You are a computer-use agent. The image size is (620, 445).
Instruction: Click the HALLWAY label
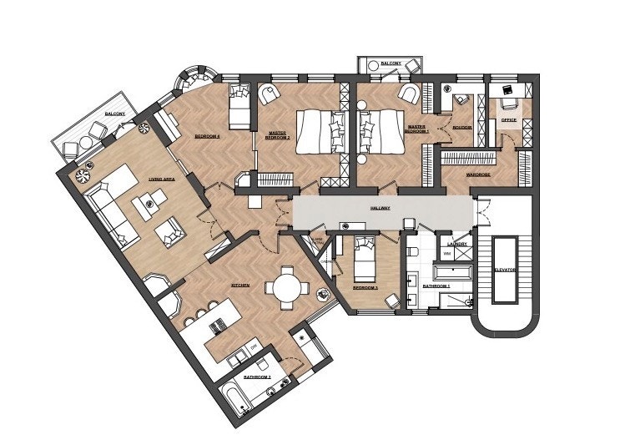pyautogui.click(x=382, y=209)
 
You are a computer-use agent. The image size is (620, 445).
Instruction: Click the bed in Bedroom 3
pyautogui.click(x=364, y=259)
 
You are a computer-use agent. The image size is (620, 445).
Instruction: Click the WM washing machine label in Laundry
pyautogui.click(x=447, y=253)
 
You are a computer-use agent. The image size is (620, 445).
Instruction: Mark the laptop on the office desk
pyautogui.click(x=507, y=88)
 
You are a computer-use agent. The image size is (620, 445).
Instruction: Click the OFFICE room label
pyautogui.click(x=508, y=120)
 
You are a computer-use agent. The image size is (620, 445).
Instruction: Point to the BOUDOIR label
pyautogui.click(x=461, y=128)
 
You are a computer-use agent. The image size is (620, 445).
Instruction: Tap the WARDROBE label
pyautogui.click(x=477, y=175)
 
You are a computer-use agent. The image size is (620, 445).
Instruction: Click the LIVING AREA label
pyautogui.click(x=161, y=179)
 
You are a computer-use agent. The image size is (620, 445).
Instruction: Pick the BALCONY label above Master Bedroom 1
pyautogui.click(x=391, y=63)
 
